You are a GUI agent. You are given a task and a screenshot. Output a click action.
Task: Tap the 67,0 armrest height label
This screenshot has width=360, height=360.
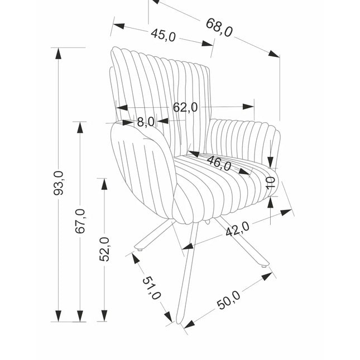80,220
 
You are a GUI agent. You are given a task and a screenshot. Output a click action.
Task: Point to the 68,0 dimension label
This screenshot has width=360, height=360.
219,26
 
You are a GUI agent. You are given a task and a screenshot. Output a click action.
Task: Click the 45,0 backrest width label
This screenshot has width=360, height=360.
163,35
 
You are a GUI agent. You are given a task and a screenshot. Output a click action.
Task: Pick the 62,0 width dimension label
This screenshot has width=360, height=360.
185,107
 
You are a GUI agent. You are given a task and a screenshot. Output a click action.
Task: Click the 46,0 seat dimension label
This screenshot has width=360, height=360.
219,163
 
